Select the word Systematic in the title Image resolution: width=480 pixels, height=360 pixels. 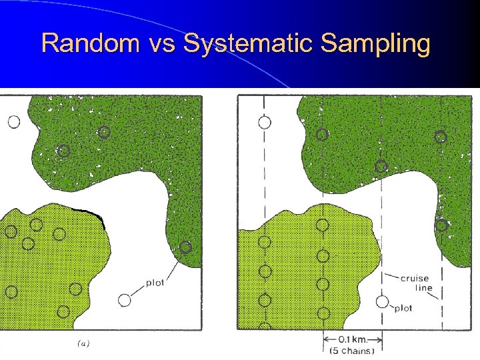[249, 43]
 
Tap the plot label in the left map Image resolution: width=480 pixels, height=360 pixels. [155, 283]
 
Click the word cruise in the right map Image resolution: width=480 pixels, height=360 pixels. [415, 278]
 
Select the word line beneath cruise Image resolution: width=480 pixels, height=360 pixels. [423, 288]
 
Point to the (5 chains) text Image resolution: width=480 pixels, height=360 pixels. [352, 351]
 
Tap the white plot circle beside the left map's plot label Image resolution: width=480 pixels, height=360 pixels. [124, 300]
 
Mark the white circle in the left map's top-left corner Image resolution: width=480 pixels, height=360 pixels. [13, 122]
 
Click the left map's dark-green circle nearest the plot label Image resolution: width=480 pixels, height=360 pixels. [185, 247]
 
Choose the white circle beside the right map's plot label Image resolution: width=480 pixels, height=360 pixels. [382, 302]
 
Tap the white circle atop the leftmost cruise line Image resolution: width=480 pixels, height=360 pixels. [265, 122]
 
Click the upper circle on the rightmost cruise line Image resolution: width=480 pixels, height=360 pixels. [440, 137]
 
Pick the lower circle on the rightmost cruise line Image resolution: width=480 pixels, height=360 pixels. [441, 225]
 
